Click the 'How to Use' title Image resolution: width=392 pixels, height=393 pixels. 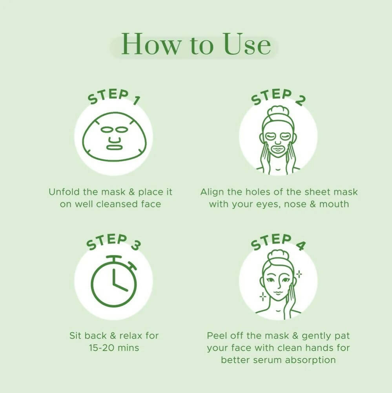pyautogui.click(x=195, y=44)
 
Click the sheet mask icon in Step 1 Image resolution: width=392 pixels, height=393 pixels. pyautogui.click(x=114, y=136)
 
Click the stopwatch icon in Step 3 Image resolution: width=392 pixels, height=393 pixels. pyautogui.click(x=114, y=281)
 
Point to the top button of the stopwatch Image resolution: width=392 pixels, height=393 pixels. pyautogui.click(x=114, y=259)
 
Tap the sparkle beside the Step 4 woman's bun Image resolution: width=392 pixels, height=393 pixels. pyautogui.click(x=299, y=274)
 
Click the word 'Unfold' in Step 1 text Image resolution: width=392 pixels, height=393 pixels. pyautogui.click(x=62, y=192)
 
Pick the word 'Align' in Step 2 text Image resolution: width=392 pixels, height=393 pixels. pyautogui.click(x=211, y=192)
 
